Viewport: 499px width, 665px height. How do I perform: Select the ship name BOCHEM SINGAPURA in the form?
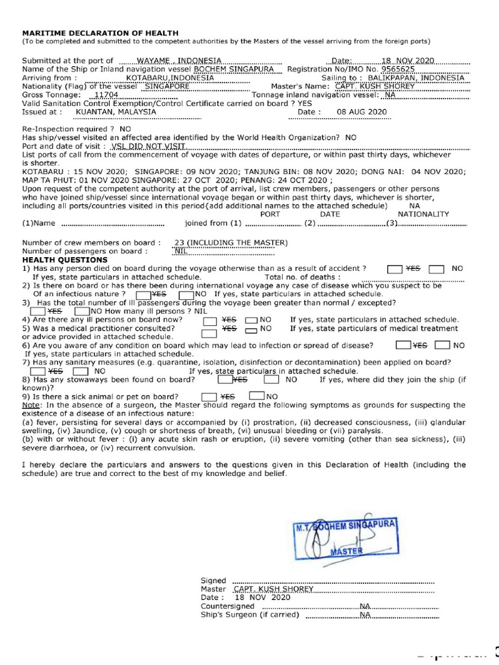tap(234, 69)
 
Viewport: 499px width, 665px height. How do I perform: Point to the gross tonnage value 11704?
tap(106, 94)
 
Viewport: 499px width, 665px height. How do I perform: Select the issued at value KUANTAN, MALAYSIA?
tap(116, 111)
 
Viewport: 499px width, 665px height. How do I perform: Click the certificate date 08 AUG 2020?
tap(362, 112)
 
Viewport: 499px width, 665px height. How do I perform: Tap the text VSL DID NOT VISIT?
tap(148, 147)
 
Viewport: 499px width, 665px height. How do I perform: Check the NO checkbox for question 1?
tap(437, 268)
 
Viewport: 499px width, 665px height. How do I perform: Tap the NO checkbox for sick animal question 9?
tap(257, 396)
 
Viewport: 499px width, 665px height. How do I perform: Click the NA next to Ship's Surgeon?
tap(365, 614)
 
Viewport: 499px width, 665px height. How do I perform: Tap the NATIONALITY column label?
tap(423, 214)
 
